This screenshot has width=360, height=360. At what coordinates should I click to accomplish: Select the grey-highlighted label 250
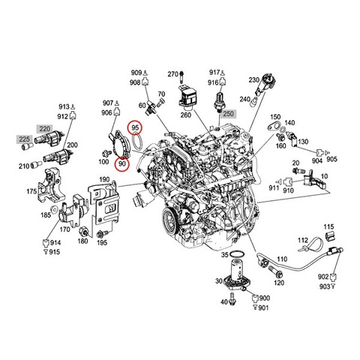click(228, 114)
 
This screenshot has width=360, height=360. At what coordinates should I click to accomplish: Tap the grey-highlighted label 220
click(45, 129)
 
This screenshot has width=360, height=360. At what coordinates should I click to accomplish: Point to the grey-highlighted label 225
click(25, 139)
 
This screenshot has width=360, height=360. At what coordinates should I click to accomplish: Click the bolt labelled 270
click(181, 76)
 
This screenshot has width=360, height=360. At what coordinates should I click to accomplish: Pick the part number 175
click(31, 191)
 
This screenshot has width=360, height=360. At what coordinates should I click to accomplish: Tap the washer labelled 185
click(54, 208)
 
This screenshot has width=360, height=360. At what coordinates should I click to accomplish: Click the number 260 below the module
click(186, 115)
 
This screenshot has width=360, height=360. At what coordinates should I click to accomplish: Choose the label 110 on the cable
click(282, 259)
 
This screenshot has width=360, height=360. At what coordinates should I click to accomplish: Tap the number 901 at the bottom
click(263, 307)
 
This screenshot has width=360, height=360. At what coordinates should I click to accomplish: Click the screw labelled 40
click(232, 298)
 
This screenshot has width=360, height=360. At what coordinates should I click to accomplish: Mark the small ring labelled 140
click(283, 130)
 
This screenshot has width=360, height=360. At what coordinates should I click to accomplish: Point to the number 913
click(64, 106)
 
